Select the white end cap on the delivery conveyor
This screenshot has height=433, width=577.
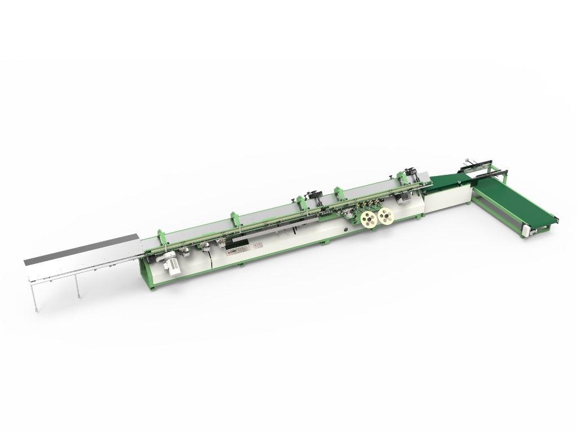(x=527, y=229)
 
